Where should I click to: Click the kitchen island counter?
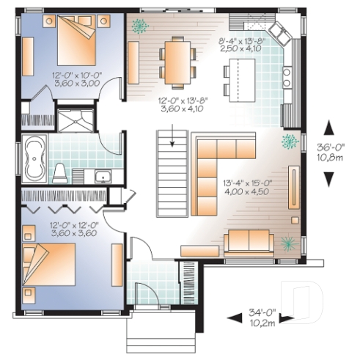click(238, 78)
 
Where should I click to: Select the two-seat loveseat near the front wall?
click(248, 240)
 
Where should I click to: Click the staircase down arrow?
click(171, 136)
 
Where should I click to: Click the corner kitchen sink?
click(282, 32)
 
